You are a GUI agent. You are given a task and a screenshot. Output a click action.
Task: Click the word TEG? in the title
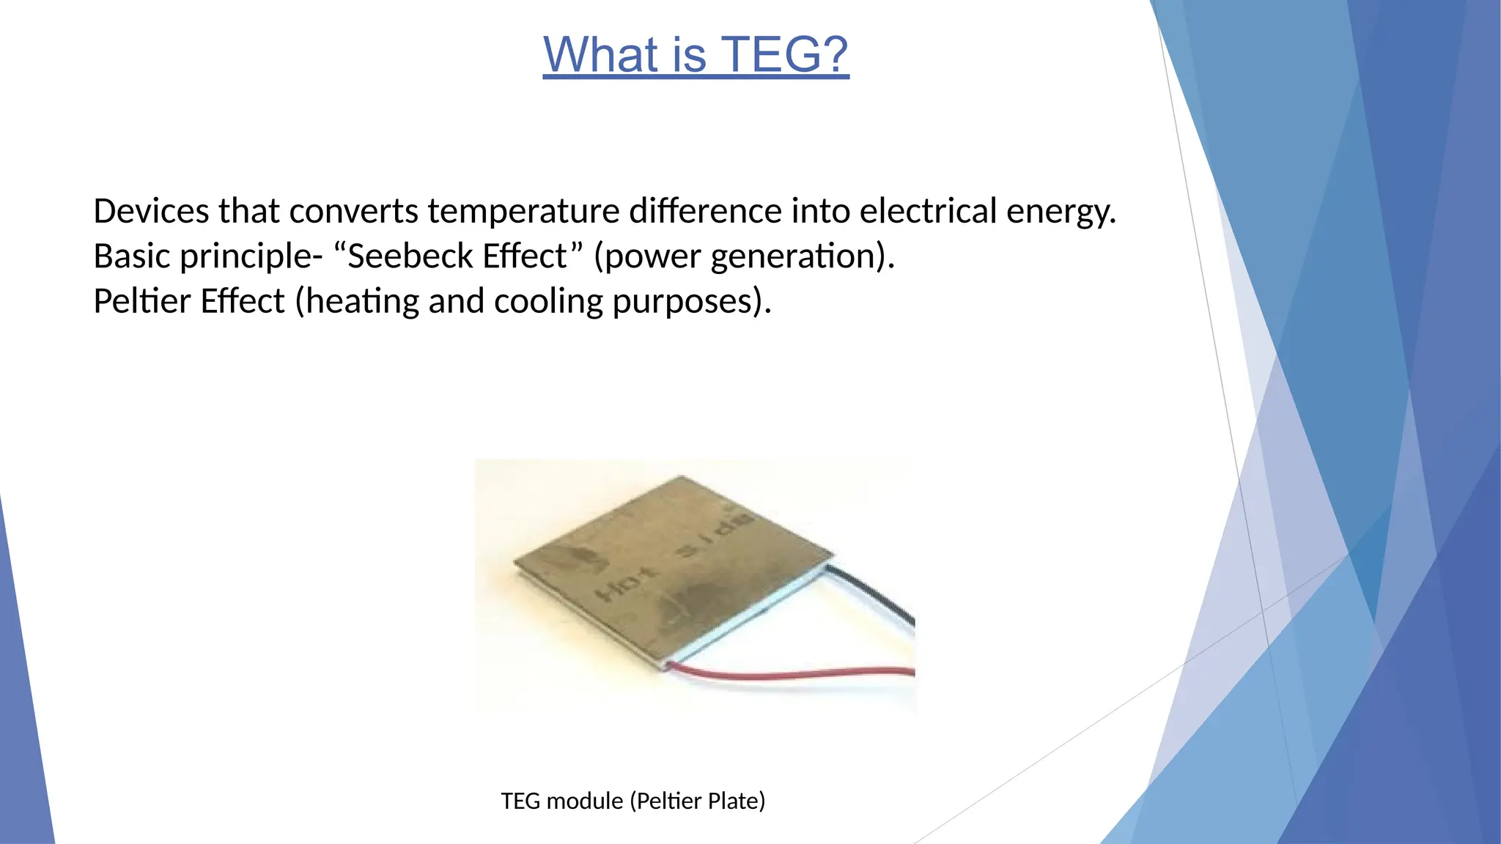[x=784, y=55]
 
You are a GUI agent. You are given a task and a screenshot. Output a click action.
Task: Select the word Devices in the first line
[x=151, y=211]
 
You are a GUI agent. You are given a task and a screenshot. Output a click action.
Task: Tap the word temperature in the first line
[x=523, y=211]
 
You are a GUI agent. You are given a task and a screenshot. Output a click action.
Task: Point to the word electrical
[x=928, y=211]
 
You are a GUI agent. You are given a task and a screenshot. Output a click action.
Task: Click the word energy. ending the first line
[x=1061, y=212]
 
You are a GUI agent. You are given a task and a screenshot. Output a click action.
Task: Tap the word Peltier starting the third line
[x=141, y=301]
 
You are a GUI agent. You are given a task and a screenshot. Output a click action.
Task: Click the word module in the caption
[x=585, y=801]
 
